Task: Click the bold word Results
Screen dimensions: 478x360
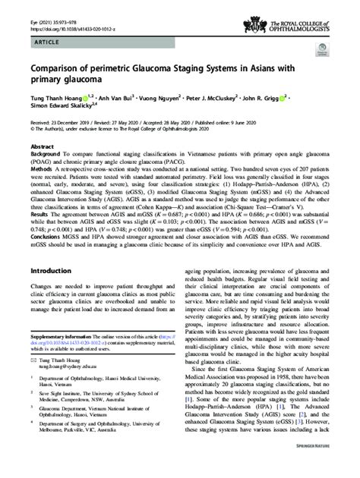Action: tap(39, 215)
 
